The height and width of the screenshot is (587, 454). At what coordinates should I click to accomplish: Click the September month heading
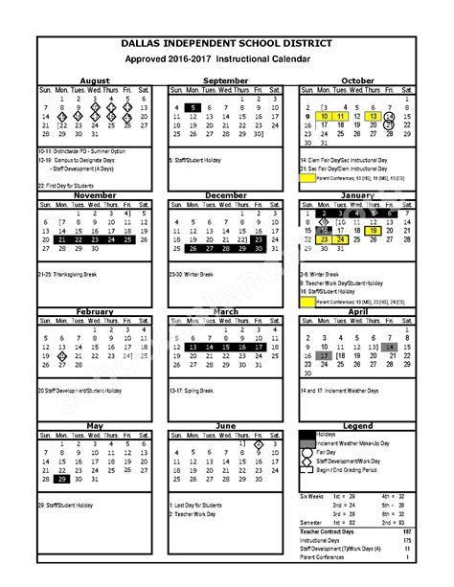pyautogui.click(x=226, y=80)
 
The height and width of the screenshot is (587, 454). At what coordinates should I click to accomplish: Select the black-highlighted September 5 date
pyautogui.click(x=193, y=107)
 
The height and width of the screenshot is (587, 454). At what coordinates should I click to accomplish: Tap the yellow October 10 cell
pyautogui.click(x=326, y=116)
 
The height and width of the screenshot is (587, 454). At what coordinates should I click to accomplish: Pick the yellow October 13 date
pyautogui.click(x=373, y=116)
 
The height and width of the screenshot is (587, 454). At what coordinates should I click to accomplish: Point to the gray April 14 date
pyautogui.click(x=388, y=347)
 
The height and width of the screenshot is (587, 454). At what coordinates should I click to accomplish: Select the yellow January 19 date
pyautogui.click(x=373, y=230)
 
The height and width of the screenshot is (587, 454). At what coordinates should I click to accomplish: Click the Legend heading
pyautogui.click(x=356, y=424)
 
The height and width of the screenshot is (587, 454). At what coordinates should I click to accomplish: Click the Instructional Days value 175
pyautogui.click(x=407, y=539)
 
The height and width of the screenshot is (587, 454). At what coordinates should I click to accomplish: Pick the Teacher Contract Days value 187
pyautogui.click(x=407, y=531)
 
